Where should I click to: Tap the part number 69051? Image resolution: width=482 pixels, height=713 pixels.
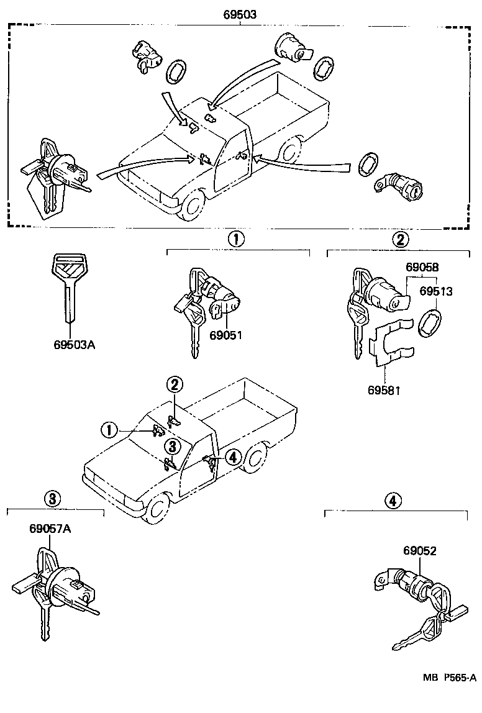click(225, 335)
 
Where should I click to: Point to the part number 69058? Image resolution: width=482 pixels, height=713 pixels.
click(422, 268)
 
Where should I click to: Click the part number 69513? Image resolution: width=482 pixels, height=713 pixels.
click(435, 291)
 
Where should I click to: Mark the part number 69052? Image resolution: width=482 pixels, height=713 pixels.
click(420, 551)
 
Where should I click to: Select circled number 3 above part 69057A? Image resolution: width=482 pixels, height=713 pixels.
click(53, 497)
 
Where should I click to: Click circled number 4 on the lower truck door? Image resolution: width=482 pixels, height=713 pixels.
click(232, 458)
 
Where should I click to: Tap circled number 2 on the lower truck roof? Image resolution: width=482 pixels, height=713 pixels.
click(175, 385)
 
